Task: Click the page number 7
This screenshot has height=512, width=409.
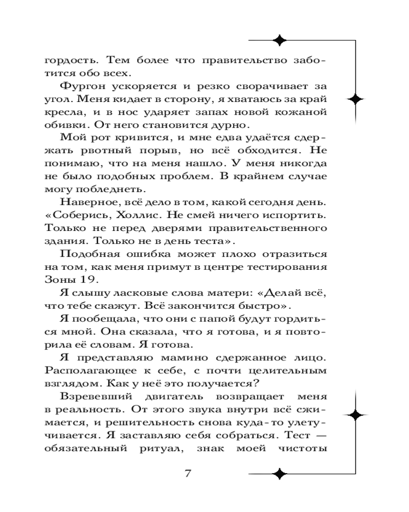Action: point(187,473)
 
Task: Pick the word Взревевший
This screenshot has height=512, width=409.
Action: point(90,396)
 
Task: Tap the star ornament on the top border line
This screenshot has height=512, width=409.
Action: point(279,39)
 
